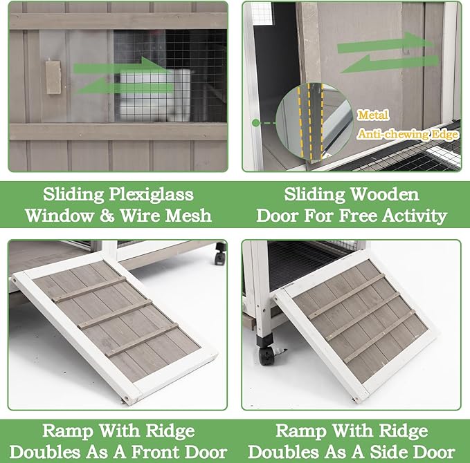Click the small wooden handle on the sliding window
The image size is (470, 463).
coord(53,77)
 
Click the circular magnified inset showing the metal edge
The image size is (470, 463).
coord(311,120)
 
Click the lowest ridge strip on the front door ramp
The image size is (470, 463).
coord(141,339)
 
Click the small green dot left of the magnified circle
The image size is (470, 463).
coord(256,122)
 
